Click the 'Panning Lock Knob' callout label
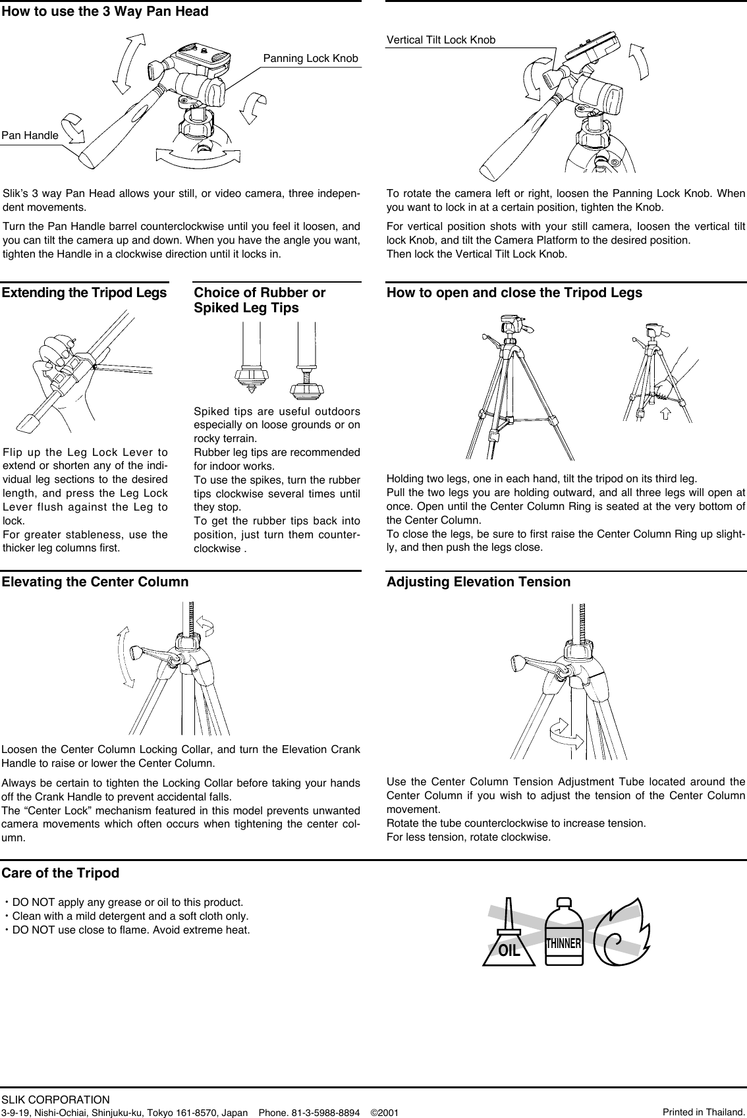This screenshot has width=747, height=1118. (x=310, y=59)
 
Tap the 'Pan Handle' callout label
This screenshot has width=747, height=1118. (x=30, y=136)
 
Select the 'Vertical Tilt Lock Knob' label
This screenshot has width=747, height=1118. (x=441, y=40)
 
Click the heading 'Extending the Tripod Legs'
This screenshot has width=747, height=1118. (x=84, y=293)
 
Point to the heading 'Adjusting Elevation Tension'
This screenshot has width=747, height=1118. (x=478, y=582)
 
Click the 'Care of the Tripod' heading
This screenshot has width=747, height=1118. (x=61, y=874)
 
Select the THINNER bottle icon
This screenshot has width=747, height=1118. (x=563, y=934)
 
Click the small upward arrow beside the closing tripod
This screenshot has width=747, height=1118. (x=665, y=414)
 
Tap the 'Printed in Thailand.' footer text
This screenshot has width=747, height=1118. (x=703, y=1112)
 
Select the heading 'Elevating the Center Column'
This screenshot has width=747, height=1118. (x=95, y=582)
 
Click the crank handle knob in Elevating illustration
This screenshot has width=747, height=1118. (x=136, y=652)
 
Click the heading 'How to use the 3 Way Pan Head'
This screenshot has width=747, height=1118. (x=105, y=12)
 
